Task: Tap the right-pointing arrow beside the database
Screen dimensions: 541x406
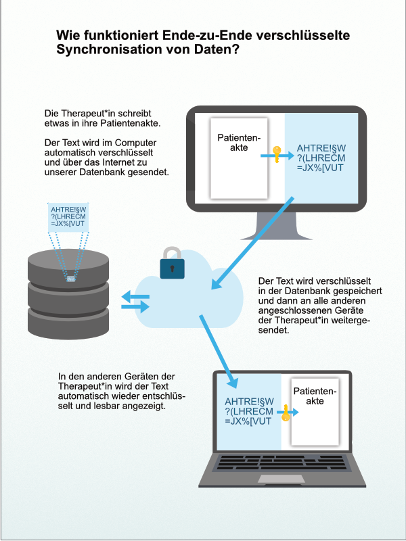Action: point(136,307)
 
